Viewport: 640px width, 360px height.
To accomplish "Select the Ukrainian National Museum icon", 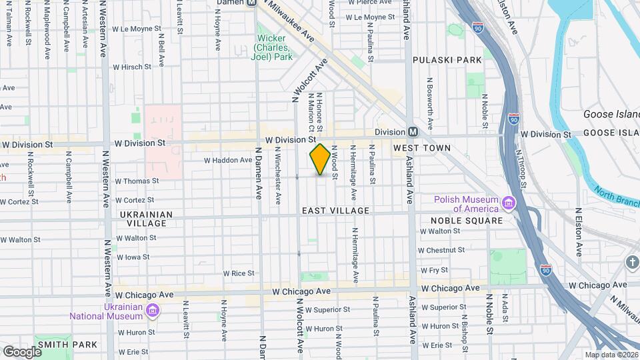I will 153,311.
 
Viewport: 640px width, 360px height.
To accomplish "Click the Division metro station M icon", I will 413,132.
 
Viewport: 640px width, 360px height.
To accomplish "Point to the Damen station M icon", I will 251,3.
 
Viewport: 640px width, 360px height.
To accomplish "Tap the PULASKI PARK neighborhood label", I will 447,60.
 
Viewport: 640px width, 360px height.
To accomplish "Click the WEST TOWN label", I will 421,148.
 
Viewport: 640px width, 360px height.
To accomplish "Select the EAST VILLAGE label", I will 335,211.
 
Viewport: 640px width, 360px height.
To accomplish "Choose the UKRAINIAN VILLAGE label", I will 145,219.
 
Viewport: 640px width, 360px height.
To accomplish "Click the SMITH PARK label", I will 67,345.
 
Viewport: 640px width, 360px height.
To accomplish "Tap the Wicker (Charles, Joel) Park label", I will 273,47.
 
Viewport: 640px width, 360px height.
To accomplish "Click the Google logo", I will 22,352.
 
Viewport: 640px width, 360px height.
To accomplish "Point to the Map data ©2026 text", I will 611,355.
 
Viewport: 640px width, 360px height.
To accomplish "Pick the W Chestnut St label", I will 441,250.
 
